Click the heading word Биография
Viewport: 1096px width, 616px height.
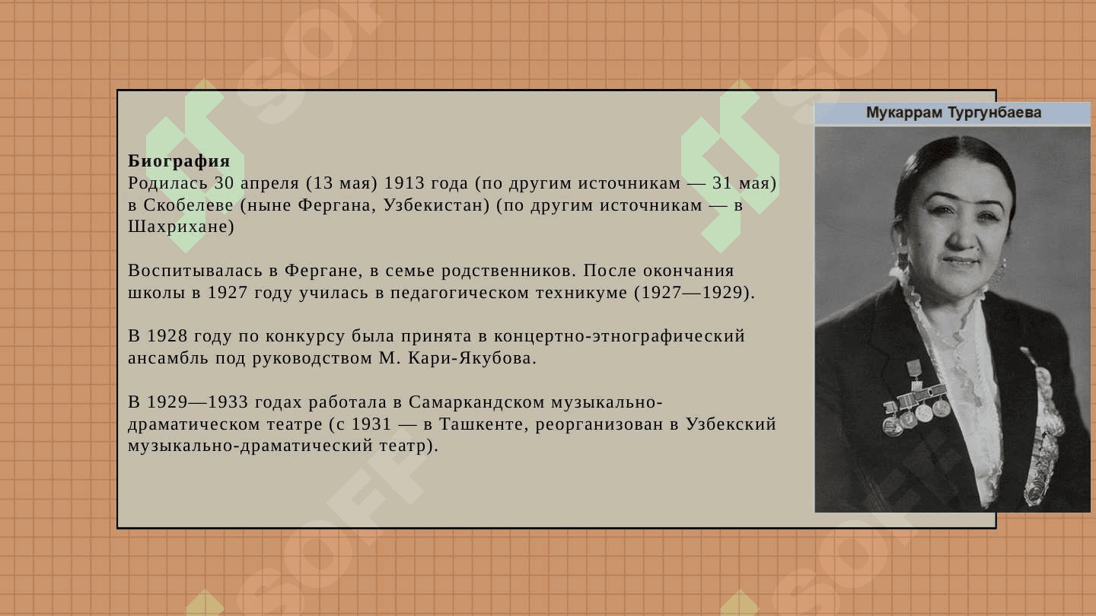click(179, 161)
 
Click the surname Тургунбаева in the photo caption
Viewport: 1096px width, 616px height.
click(995, 113)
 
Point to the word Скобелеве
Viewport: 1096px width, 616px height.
click(189, 205)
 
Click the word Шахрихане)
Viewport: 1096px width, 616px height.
click(181, 227)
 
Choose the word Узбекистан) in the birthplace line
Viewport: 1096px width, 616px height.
click(436, 205)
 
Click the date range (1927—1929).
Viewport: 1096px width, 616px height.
click(694, 292)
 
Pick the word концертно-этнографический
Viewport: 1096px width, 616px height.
click(619, 336)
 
